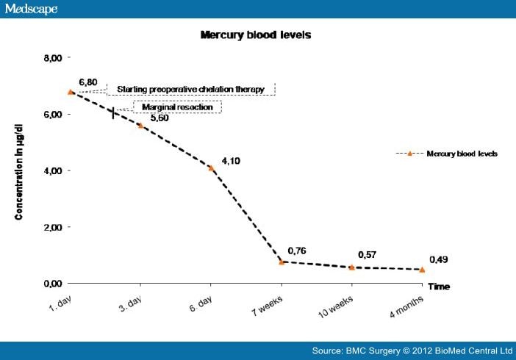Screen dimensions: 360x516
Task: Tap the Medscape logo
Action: (x=30, y=9)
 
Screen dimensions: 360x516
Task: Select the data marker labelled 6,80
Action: (x=71, y=92)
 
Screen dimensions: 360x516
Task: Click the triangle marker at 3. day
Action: (x=140, y=126)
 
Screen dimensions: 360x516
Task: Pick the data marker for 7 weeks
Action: (x=282, y=262)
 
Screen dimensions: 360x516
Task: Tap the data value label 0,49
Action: (x=436, y=259)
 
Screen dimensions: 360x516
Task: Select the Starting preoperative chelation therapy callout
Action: (x=191, y=90)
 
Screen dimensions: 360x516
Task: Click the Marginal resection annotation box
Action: (x=176, y=107)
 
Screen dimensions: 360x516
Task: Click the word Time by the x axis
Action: (x=439, y=287)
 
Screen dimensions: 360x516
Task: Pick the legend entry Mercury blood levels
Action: (x=462, y=154)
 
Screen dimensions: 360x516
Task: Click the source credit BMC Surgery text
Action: (x=412, y=350)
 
